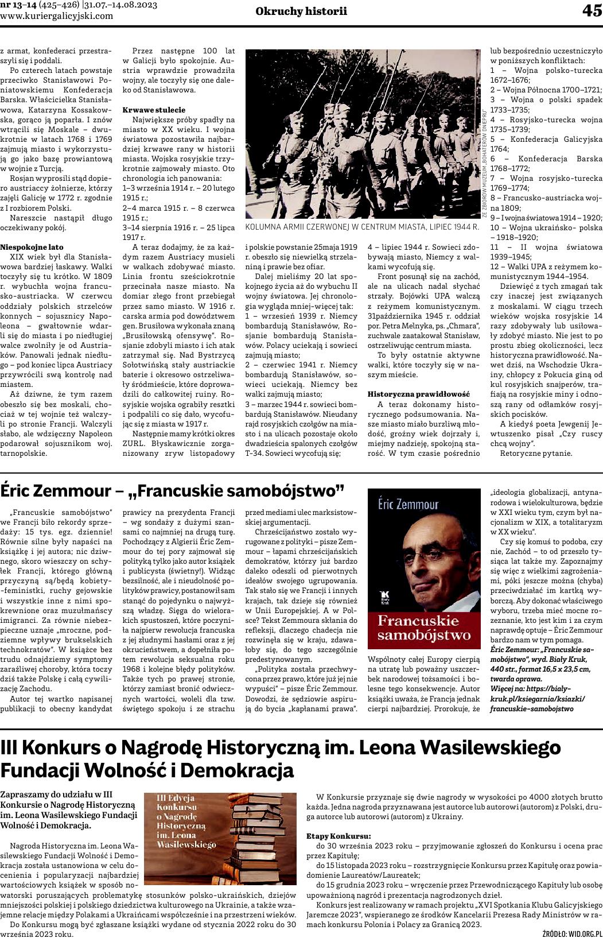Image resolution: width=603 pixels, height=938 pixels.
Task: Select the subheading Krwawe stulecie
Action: pos(154,109)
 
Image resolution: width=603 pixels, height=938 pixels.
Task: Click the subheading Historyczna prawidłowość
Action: pos(418,394)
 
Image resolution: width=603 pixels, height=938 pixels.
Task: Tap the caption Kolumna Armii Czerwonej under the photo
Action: pos(361,227)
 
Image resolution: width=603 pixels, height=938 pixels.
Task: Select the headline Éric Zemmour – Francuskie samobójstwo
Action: pos(172,491)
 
